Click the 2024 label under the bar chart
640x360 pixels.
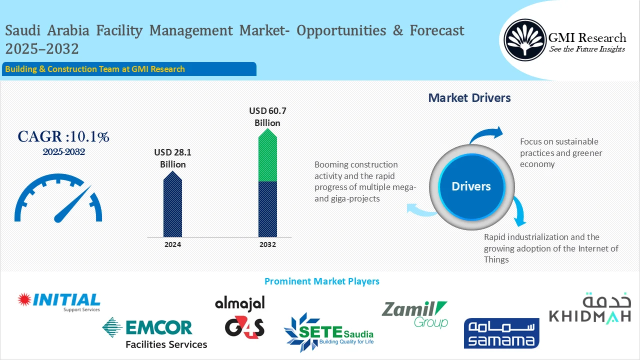point(172,244)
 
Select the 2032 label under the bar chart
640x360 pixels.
point(267,244)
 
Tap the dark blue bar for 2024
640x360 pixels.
point(172,207)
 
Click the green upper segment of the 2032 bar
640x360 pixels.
point(267,157)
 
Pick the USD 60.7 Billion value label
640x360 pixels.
point(267,116)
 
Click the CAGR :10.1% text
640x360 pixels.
point(63,136)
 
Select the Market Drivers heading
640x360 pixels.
point(469,98)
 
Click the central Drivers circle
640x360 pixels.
point(471,186)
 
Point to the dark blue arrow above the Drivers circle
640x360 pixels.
point(486,135)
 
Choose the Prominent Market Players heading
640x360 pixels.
point(321,281)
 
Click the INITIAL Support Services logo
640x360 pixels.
point(59,301)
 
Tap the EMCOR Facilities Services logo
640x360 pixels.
point(154,333)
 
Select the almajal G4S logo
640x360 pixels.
point(240,316)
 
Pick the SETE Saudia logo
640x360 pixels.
point(328,332)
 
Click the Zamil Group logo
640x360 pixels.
point(414,314)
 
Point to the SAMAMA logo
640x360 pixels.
point(501,333)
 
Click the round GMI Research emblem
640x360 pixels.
point(525,40)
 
